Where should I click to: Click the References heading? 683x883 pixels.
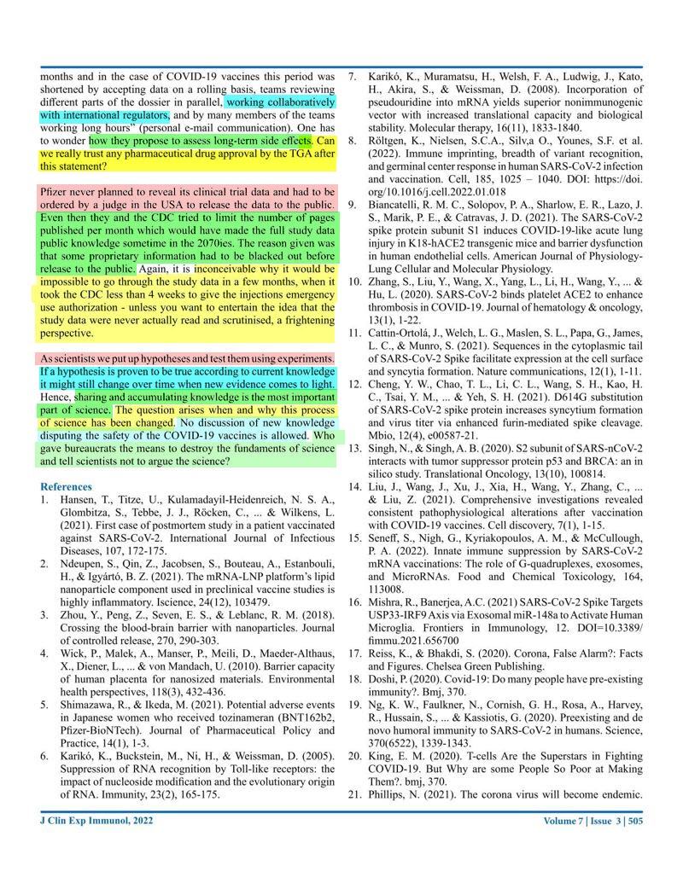68,486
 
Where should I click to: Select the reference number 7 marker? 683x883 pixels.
353,75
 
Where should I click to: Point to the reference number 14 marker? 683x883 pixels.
354,486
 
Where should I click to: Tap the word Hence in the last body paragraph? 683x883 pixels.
56,397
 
